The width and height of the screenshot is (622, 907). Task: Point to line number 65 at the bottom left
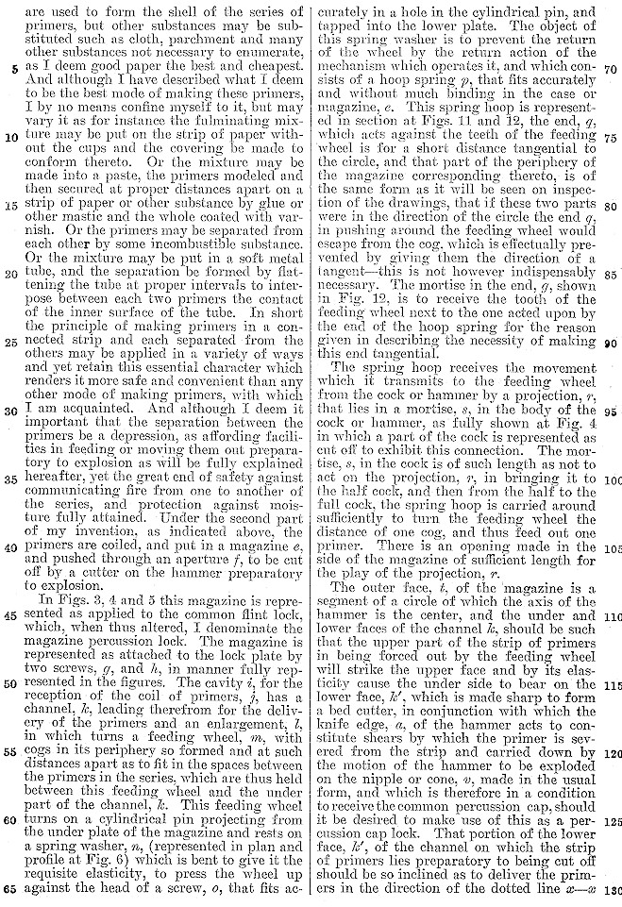pyautogui.click(x=14, y=889)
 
